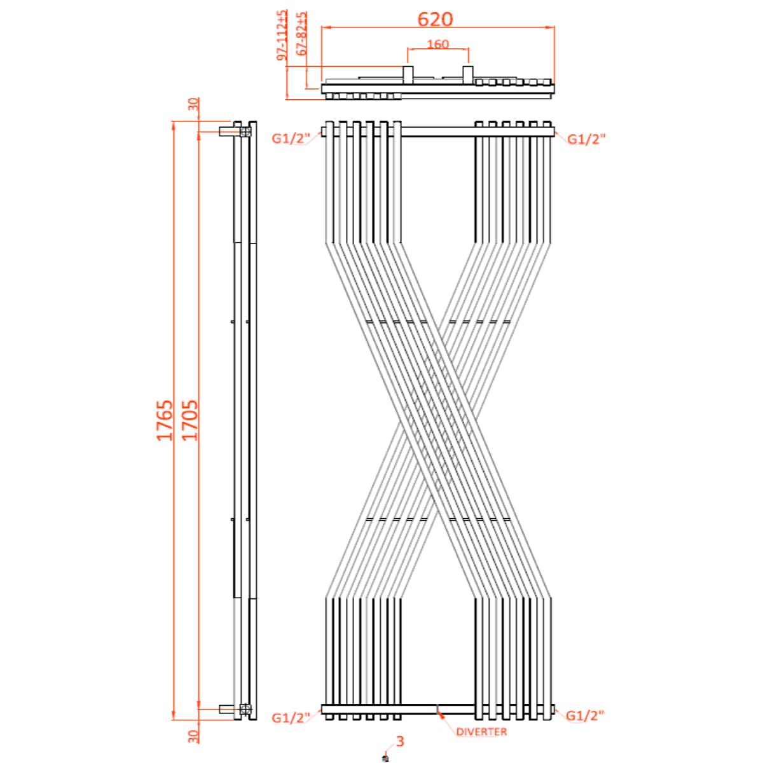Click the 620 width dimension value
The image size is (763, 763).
point(436,19)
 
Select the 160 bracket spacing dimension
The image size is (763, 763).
point(437,44)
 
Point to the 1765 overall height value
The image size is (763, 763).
point(165,420)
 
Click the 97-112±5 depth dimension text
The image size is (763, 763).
point(282,36)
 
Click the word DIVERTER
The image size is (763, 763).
point(481,732)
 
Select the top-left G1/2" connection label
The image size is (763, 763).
point(291,139)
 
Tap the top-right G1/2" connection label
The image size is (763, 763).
point(586,139)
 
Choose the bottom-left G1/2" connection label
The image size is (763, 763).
point(291,718)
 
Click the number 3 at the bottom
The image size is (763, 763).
point(400,741)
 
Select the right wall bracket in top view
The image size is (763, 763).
point(467,74)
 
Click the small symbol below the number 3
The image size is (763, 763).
point(385,757)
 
